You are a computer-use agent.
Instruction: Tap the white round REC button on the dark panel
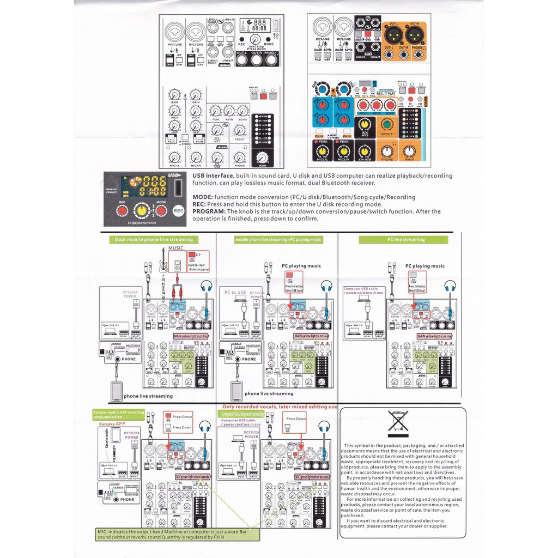point(178,209)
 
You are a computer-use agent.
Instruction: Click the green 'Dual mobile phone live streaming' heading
point(154,239)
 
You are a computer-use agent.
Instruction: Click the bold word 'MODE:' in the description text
point(203,197)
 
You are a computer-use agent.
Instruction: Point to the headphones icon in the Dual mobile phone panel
point(206,286)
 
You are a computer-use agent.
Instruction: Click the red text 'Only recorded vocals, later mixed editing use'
point(279,407)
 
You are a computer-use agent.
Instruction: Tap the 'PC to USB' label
point(235,293)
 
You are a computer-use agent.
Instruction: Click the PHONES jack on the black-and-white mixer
point(271,60)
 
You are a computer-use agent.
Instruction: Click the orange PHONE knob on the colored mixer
point(387,151)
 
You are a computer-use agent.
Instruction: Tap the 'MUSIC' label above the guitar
point(176,248)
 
